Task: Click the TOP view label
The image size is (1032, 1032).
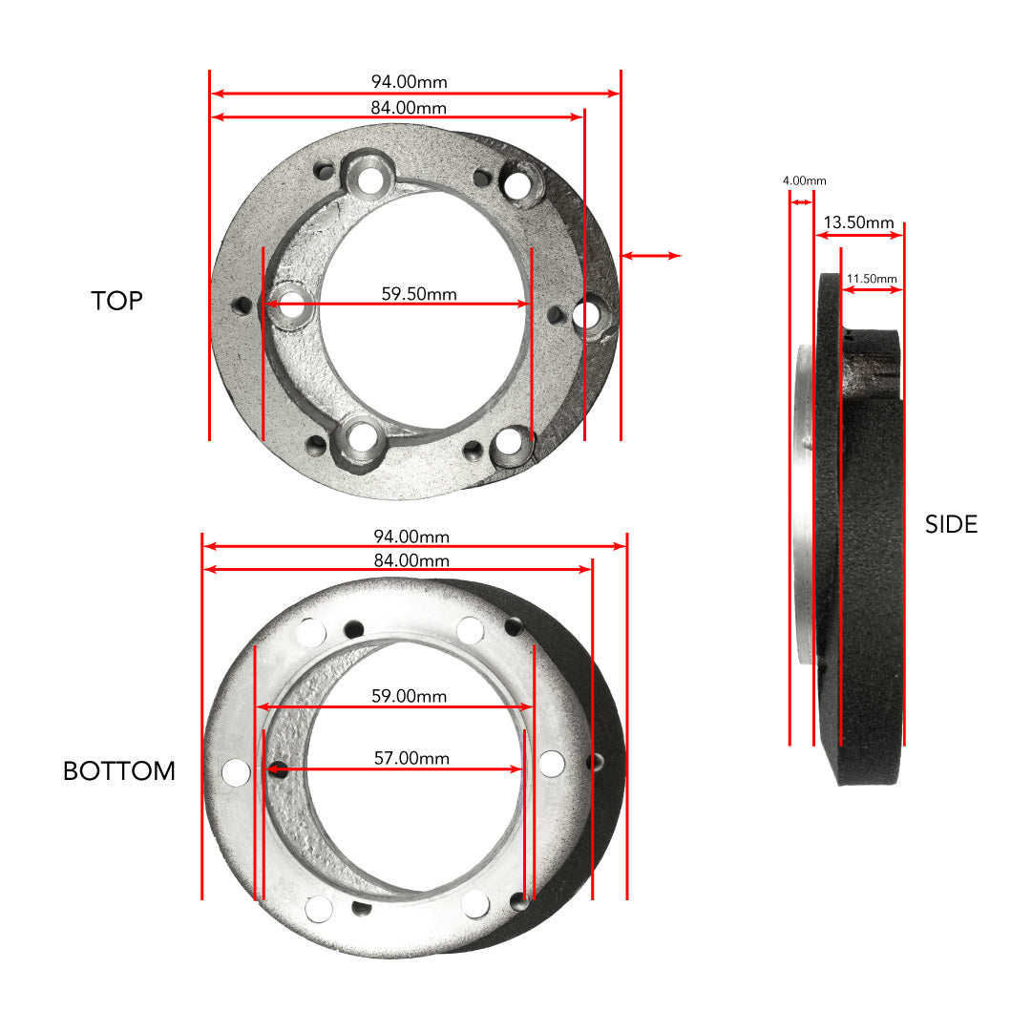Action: point(116,301)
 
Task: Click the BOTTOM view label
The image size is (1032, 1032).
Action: point(119,771)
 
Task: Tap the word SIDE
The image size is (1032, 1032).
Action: point(951,524)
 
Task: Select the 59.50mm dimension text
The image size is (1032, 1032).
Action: point(419,294)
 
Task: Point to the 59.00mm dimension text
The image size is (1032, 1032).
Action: point(409,697)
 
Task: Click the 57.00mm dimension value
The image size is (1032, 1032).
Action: point(411,759)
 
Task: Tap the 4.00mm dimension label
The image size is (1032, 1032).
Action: point(804,180)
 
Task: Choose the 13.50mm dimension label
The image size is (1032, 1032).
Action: point(858,222)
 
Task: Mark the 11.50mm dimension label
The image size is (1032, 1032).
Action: point(872,279)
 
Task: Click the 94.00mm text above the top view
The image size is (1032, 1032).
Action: point(409,82)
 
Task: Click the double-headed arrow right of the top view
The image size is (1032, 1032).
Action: point(651,256)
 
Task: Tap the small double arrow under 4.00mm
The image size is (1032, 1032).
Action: point(801,201)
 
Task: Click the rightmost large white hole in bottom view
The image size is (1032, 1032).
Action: point(551,763)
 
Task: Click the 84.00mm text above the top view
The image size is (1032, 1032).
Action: point(409,108)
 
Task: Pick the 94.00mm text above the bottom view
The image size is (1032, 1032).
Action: point(411,537)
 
